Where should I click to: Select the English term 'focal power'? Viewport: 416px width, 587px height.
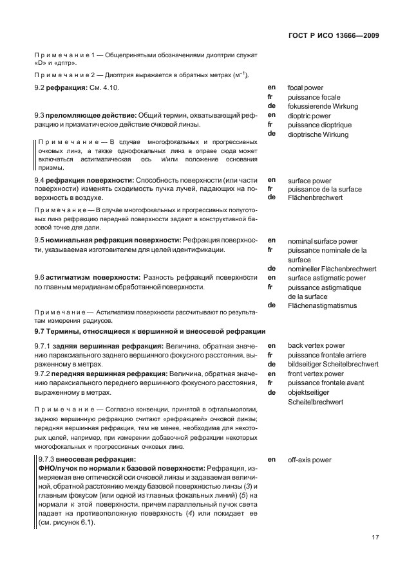coord(305,87)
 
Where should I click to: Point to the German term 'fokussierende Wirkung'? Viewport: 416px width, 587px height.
coord(323,106)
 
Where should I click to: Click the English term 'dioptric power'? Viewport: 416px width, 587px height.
coord(309,116)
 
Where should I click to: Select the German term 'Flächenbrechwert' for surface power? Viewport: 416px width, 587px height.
coord(315,198)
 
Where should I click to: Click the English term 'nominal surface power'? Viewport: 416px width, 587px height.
coord(323,241)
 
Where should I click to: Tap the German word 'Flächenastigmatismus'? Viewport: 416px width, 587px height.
coord(322,305)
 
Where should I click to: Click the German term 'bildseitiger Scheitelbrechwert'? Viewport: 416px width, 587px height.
coord(333,364)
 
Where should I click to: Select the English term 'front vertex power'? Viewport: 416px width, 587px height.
coord(316,374)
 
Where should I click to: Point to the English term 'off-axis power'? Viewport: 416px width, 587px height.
coord(310,460)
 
